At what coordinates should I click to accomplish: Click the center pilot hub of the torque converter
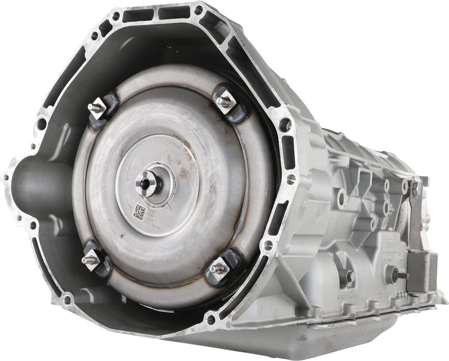click(x=147, y=183)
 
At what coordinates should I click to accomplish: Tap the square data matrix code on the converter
click(x=139, y=212)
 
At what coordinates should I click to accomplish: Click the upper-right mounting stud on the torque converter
click(x=224, y=101)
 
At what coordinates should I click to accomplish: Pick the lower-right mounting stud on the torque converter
click(x=216, y=268)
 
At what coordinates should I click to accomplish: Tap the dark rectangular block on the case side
click(x=421, y=272)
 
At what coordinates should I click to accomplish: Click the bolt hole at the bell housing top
click(x=199, y=9)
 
